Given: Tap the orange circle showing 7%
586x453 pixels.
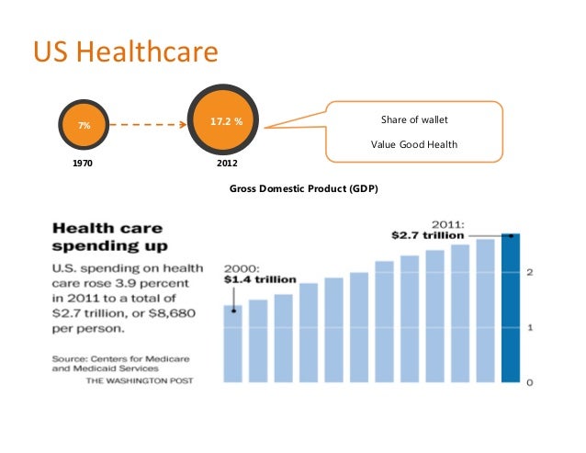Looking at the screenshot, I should click(x=84, y=123).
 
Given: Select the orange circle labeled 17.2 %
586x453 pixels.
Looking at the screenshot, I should click(x=226, y=121).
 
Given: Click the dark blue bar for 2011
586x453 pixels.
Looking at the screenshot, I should click(x=510, y=308).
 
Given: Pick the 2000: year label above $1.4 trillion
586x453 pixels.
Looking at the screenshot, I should click(x=242, y=266).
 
